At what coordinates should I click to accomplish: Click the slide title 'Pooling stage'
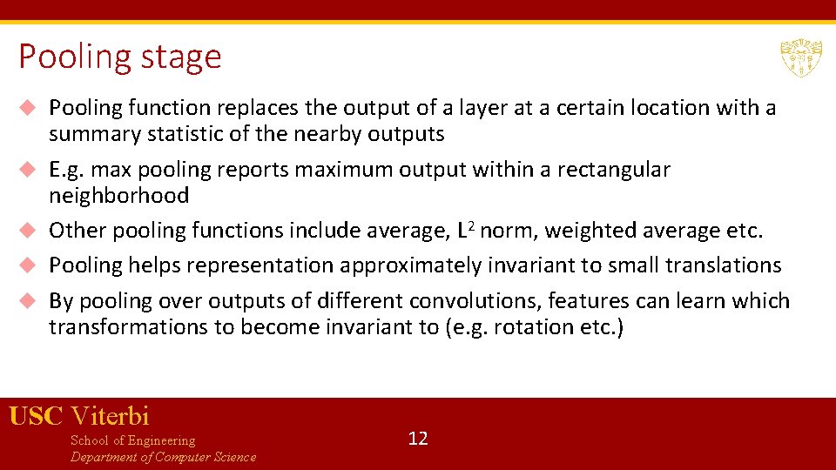[x=120, y=57]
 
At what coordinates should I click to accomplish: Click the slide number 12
[x=418, y=438]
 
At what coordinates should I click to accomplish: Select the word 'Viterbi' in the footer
[x=110, y=416]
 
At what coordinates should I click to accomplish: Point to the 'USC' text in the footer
[x=36, y=416]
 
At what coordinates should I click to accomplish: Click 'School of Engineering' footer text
[x=132, y=440]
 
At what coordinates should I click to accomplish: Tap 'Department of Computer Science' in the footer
[x=163, y=457]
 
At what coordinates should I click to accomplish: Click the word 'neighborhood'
[x=118, y=196]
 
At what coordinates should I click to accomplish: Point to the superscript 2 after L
[x=471, y=225]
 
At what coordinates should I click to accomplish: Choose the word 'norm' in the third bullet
[x=503, y=231]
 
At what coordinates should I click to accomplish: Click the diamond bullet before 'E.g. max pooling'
[x=28, y=169]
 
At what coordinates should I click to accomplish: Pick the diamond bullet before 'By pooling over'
[x=28, y=301]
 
